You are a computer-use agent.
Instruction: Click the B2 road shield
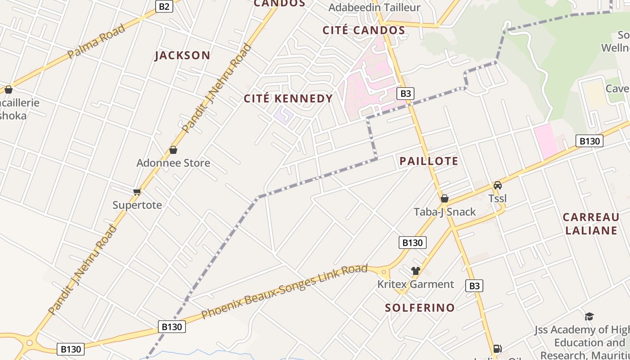coord(165,6)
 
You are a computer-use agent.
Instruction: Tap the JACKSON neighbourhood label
coord(182,55)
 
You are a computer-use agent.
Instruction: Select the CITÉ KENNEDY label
coord(288,99)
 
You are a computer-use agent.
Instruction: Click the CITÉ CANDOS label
coord(364,30)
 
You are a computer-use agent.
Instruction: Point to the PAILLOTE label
coord(429,161)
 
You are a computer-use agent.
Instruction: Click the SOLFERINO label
coord(420,308)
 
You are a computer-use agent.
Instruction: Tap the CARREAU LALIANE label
coord(591,224)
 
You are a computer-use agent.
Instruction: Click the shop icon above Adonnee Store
coord(173,150)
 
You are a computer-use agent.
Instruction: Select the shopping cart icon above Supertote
coord(137,192)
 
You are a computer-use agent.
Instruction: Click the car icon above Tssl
coord(497,185)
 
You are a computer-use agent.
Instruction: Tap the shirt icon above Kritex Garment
coord(415,271)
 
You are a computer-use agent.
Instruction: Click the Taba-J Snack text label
coord(445,211)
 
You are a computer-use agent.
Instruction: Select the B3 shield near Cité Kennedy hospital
coord(405,94)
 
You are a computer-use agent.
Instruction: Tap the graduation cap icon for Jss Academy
coord(589,316)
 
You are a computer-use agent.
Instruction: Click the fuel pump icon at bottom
coord(497,348)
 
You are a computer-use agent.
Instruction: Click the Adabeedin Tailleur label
coord(374,7)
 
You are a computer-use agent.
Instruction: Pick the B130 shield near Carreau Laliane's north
coord(589,141)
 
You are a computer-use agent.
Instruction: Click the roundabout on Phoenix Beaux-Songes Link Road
coord(384,271)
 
